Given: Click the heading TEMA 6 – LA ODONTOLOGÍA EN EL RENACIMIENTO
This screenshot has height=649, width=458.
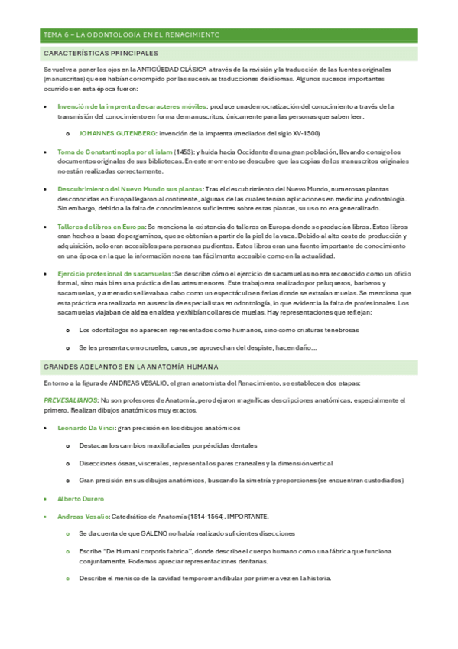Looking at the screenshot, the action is click(x=132, y=35).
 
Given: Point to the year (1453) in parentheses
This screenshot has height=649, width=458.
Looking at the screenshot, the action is click(x=184, y=152).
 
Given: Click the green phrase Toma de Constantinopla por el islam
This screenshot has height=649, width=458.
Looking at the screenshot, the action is click(x=115, y=152).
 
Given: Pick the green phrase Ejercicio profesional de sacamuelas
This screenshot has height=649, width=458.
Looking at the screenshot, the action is click(x=115, y=273).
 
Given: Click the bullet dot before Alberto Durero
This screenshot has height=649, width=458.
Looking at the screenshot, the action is click(x=47, y=499).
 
